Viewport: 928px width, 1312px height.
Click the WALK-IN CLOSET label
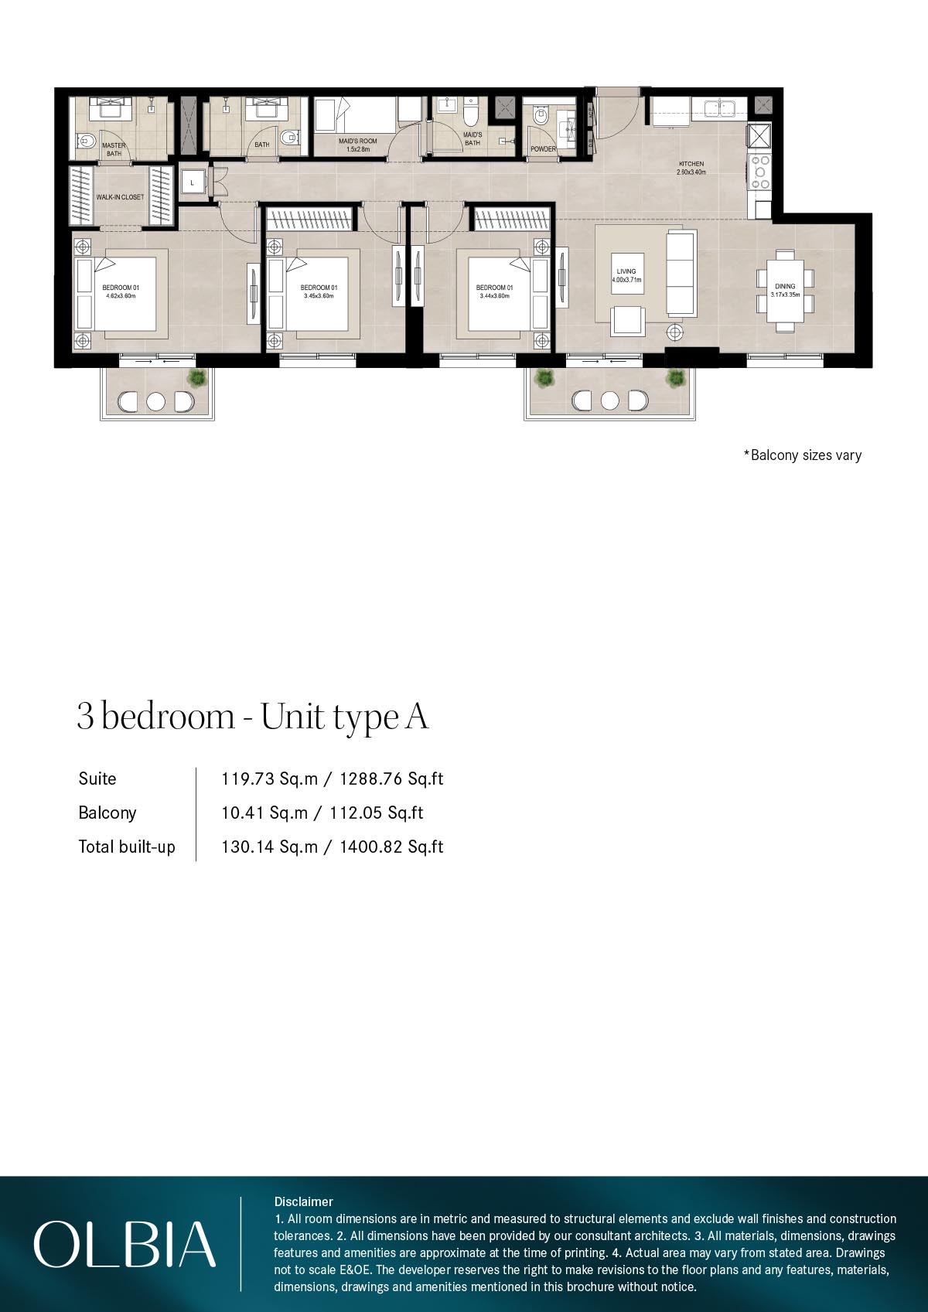120,197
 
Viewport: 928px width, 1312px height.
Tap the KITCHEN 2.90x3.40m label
691,168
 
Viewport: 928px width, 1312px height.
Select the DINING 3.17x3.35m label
785,290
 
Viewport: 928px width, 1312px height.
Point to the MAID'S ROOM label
357,145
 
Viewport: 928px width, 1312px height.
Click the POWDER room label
543,149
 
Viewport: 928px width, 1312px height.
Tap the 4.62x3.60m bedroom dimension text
121,296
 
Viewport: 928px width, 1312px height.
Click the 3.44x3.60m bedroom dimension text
494,296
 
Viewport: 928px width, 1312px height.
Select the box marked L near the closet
193,182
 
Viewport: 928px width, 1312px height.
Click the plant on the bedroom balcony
198,378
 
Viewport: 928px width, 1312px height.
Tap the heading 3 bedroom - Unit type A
252,717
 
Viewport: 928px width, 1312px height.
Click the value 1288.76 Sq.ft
391,779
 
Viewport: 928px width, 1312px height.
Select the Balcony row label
107,813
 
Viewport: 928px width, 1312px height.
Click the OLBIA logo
125,1244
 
